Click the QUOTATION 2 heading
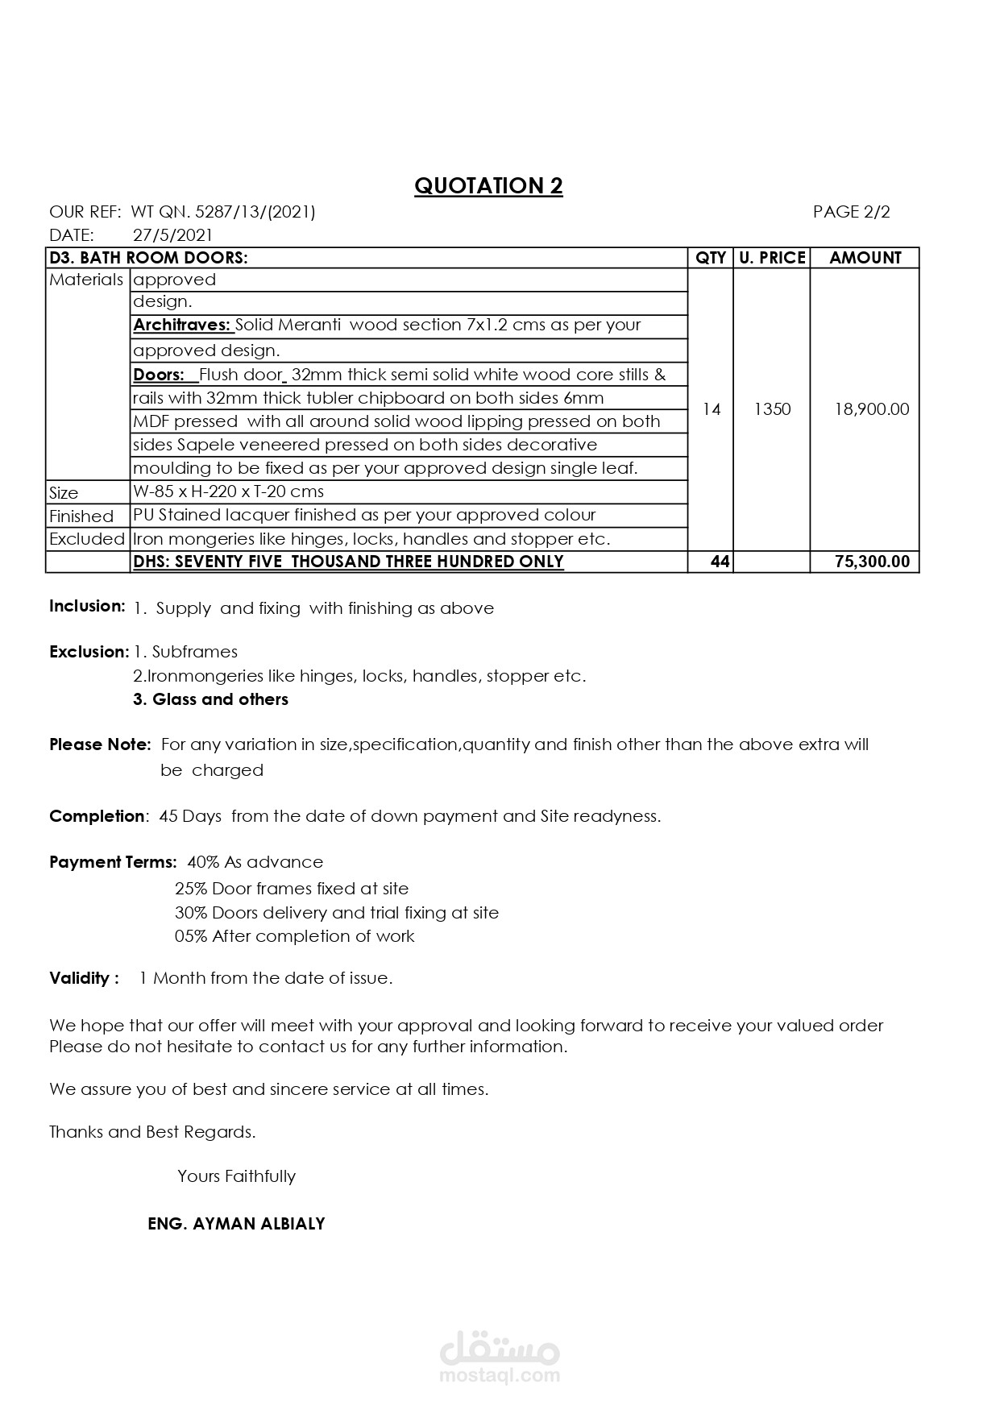tap(488, 186)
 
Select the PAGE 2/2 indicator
tap(851, 212)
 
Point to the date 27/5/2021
tap(172, 235)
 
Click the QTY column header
tap(710, 258)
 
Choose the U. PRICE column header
tap(771, 258)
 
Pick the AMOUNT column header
tap(865, 258)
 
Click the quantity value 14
tap(711, 409)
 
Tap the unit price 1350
tap(772, 409)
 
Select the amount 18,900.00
tap(871, 409)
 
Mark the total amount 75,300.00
tap(872, 562)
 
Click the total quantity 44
tap(720, 562)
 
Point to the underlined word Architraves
tap(182, 325)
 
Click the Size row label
tap(64, 493)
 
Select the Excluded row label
tap(87, 539)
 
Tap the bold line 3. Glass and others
tap(210, 699)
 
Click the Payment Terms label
tap(113, 862)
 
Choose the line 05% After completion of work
tap(294, 936)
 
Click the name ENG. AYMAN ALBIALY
tap(236, 1224)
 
